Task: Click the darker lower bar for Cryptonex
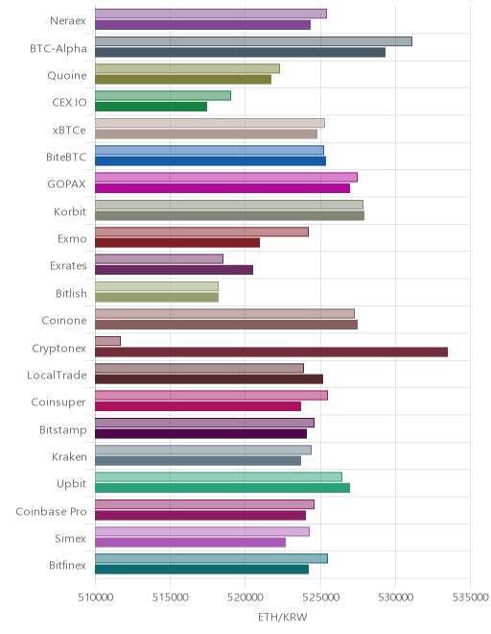pyautogui.click(x=271, y=353)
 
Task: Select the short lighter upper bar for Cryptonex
pyautogui.click(x=107, y=341)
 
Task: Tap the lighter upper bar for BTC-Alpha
pyautogui.click(x=253, y=41)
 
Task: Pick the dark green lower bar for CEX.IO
pyautogui.click(x=151, y=107)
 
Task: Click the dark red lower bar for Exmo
pyautogui.click(x=177, y=243)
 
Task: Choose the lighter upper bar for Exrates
pyautogui.click(x=159, y=259)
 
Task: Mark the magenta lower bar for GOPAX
pyautogui.click(x=222, y=188)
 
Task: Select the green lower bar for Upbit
pyautogui.click(x=222, y=488)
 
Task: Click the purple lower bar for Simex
pyautogui.click(x=190, y=543)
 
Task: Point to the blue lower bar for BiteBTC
pyautogui.click(x=210, y=161)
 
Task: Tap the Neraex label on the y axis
pyautogui.click(x=68, y=20)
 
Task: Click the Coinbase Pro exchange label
pyautogui.click(x=51, y=511)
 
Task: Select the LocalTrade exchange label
pyautogui.click(x=57, y=376)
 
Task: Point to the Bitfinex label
pyautogui.click(x=67, y=565)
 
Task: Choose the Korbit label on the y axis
pyautogui.click(x=70, y=212)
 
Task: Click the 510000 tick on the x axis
pyautogui.click(x=95, y=597)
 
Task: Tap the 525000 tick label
pyautogui.click(x=320, y=597)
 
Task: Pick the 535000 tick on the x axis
pyautogui.click(x=471, y=597)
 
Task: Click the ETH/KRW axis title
pyautogui.click(x=283, y=618)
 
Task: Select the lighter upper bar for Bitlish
pyautogui.click(x=156, y=286)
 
